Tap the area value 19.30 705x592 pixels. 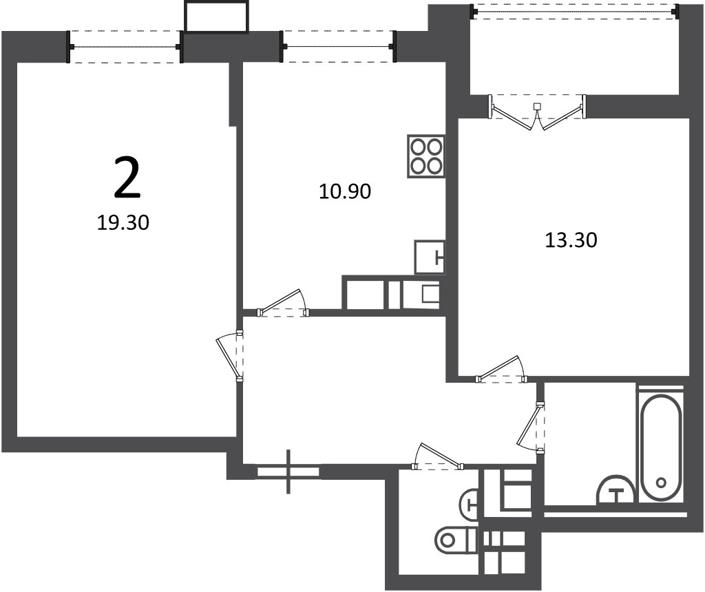coord(123,222)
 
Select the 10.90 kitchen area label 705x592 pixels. coord(345,191)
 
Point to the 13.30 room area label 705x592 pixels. coord(571,240)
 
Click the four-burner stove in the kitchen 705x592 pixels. coord(425,156)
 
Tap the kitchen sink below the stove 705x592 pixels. coord(430,257)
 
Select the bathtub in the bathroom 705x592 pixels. coord(661,448)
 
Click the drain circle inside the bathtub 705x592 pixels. coord(661,483)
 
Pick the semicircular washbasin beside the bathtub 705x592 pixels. coord(615,489)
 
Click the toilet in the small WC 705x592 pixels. coord(456,540)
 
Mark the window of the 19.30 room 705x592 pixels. coord(125,47)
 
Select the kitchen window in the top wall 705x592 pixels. coord(338,47)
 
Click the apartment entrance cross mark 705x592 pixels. coord(288,472)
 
